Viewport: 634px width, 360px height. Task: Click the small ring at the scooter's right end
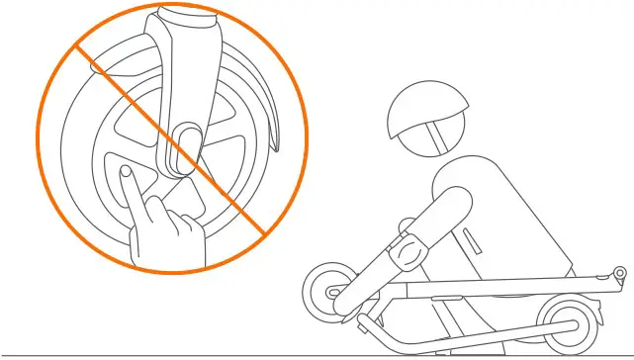tap(619, 272)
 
